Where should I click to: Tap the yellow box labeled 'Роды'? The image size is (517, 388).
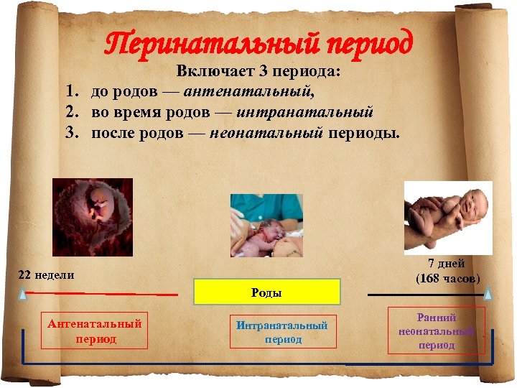tap(266, 293)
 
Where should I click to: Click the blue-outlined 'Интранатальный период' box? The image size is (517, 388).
tap(282, 332)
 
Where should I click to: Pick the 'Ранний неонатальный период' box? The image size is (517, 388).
tap(437, 331)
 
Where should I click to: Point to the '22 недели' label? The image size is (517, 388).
tap(46, 275)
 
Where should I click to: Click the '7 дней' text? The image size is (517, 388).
tap(447, 264)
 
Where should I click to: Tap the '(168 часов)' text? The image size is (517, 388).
tap(447, 278)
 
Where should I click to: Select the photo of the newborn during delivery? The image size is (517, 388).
tap(266, 225)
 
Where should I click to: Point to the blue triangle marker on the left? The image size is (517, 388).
tap(23, 293)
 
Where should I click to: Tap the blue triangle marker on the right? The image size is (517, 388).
tap(488, 293)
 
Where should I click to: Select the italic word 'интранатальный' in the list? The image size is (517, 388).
tap(304, 113)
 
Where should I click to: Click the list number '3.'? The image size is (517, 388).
tap(71, 133)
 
